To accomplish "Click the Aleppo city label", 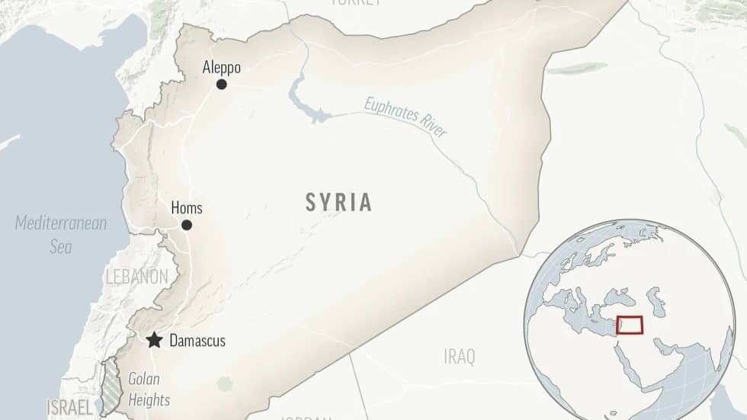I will click(x=221, y=68).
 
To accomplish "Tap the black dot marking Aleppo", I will click(x=221, y=84).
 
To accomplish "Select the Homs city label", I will click(x=187, y=208).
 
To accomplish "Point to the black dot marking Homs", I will click(x=187, y=225).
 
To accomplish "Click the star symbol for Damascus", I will click(x=155, y=340).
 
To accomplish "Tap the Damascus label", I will click(x=197, y=341).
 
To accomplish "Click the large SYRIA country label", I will click(x=339, y=202).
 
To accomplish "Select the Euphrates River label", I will click(x=406, y=118).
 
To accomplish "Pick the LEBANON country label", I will click(x=137, y=277).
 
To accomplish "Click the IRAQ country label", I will click(x=459, y=356).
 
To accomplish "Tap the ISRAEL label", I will click(x=70, y=407).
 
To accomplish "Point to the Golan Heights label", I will click(x=149, y=389).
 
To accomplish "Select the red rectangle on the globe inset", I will click(x=630, y=324).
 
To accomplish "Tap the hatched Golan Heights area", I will click(x=112, y=385).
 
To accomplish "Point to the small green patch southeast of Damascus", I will click(x=224, y=383).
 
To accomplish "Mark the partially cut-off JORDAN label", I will click(x=305, y=417).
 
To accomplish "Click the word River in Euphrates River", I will click(x=431, y=129).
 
